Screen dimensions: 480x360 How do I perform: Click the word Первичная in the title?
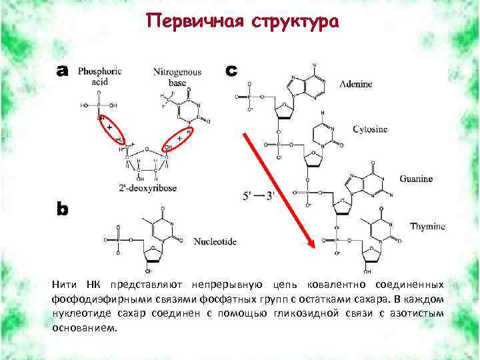point(196,21)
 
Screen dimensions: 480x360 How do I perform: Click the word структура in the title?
point(296,23)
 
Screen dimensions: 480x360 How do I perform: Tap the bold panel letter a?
point(63,71)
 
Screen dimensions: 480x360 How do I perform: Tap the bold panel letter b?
point(62,209)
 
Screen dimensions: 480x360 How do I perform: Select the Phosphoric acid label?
point(99,77)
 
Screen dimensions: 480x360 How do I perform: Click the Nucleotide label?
point(215,241)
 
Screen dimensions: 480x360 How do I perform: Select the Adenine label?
point(355,85)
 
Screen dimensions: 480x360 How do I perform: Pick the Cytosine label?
point(369,129)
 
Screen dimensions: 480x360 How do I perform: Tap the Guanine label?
point(417,179)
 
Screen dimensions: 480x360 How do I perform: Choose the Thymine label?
point(427,227)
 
